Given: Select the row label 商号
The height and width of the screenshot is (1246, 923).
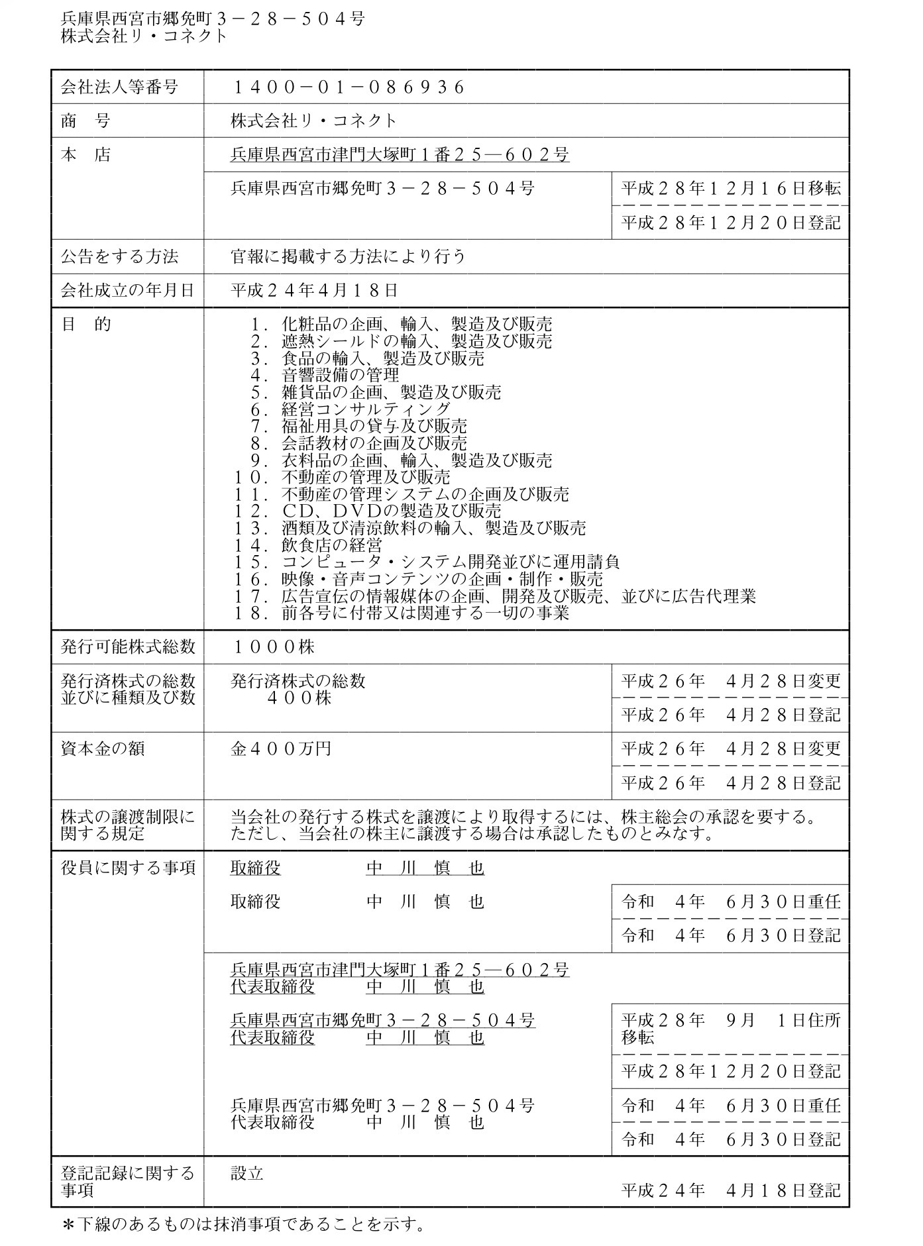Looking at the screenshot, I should (x=85, y=121).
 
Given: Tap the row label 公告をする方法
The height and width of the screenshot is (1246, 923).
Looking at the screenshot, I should (x=119, y=256).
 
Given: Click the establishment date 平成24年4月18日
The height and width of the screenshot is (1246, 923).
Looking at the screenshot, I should (x=314, y=290).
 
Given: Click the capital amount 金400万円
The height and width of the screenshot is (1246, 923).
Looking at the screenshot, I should (x=280, y=749).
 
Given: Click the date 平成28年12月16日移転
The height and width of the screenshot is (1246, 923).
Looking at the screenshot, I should (x=731, y=189).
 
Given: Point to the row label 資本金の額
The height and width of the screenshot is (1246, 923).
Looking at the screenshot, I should (x=103, y=749).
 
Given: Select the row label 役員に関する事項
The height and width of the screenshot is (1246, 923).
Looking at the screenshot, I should (x=128, y=868).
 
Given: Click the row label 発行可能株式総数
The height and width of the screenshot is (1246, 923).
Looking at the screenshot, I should (x=128, y=647).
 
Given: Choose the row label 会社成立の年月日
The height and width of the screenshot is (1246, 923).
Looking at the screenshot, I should (x=128, y=290).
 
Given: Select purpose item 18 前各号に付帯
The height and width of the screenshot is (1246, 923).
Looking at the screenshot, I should (x=402, y=613).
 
